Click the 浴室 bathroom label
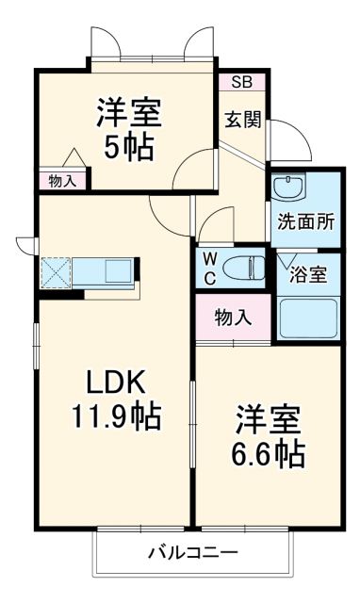pos(309,275)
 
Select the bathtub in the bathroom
pos(309,318)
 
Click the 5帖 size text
pos(129,148)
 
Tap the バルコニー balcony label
pos(192,552)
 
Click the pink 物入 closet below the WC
pos(233,318)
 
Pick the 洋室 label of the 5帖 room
pos(129,114)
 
